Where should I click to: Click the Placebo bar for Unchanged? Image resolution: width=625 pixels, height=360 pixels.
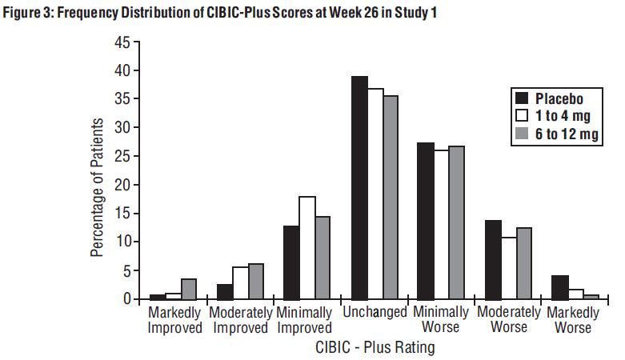click(x=359, y=188)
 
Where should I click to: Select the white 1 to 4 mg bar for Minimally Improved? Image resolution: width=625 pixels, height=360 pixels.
click(x=306, y=248)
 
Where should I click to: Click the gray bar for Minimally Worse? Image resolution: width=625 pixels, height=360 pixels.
click(x=456, y=222)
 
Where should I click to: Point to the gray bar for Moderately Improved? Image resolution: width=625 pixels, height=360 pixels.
click(x=255, y=282)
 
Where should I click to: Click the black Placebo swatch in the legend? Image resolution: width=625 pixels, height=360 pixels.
click(x=521, y=99)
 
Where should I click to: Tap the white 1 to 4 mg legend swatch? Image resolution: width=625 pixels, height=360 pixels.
click(x=521, y=116)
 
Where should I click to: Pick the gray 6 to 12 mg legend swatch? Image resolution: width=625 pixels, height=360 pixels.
click(x=521, y=134)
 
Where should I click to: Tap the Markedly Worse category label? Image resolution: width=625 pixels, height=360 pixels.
click(x=573, y=319)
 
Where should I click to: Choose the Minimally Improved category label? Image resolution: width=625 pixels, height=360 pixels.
click(x=304, y=319)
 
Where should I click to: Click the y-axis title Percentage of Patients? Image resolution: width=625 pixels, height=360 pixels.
click(x=98, y=187)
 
